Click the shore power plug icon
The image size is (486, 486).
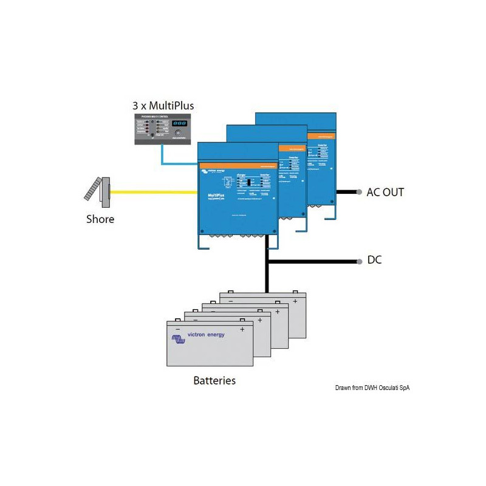pos(99,191)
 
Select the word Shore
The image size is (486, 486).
pos(100,219)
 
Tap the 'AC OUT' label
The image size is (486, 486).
pos(385,193)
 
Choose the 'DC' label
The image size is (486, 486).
pos(375,261)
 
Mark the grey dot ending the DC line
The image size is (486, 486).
pos(358,261)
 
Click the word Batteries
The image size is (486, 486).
pos(214,381)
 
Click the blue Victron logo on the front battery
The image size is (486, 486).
pos(180,342)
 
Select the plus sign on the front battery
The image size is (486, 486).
pos(242,329)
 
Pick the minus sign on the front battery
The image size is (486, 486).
pos(178,329)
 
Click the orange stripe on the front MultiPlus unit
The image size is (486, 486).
pos(238,165)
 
